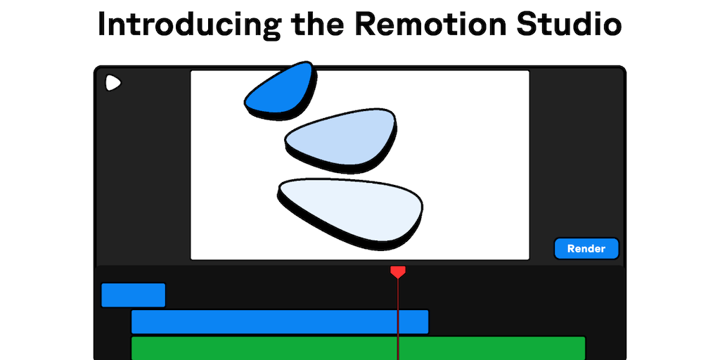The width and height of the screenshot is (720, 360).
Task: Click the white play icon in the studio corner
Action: pos(112,83)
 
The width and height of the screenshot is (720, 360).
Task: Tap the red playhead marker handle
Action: pos(398,271)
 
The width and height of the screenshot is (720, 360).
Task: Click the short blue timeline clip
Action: pos(133,295)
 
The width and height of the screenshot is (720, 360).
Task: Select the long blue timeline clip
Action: pos(279,322)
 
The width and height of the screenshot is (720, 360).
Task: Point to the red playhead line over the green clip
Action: pos(398,348)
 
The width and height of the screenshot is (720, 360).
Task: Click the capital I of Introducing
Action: pos(103,25)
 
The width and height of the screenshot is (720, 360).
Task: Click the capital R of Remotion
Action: pos(365,25)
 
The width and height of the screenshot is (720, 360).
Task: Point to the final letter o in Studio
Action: pos(609,27)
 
